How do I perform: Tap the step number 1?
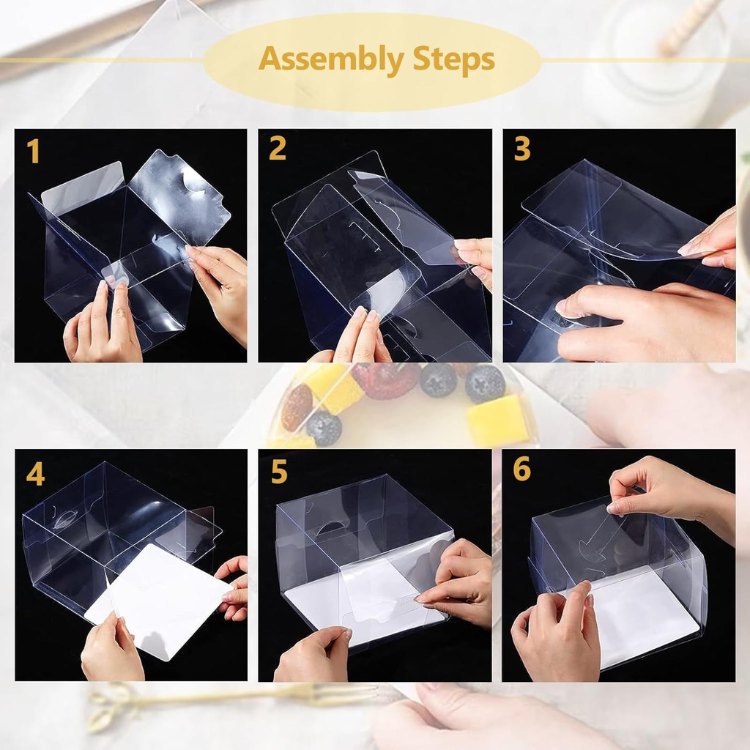pos(33,151)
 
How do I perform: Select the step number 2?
pos(277,149)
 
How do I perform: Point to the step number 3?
pos(521,149)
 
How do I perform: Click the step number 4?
pos(34,474)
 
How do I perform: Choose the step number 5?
pos(278,472)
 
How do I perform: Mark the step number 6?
pos(521,469)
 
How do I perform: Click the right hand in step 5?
pos(461,582)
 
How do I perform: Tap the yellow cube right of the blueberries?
pos(498,421)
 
